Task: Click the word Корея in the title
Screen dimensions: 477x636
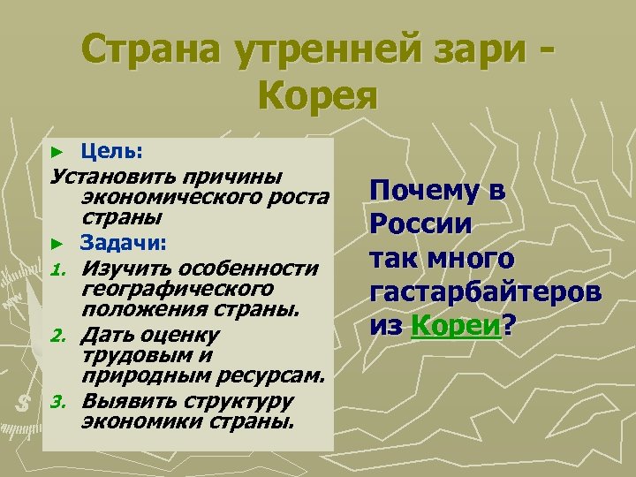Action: point(318,93)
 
